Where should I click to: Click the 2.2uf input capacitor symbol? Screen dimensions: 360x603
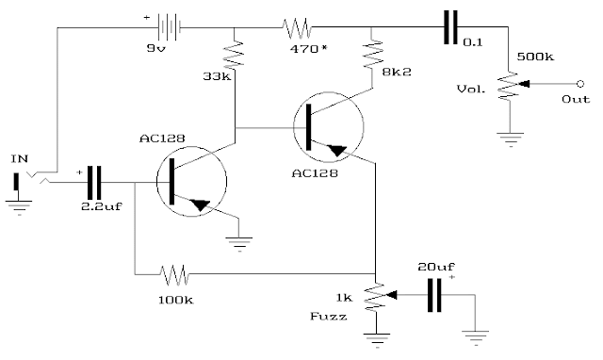pos(93,179)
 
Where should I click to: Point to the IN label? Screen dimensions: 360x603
pos(19,159)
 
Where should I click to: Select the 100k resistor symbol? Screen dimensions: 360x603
pos(174,276)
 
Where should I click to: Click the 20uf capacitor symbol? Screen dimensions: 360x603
pos(435,294)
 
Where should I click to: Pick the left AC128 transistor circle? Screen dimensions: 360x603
pos(190,181)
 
